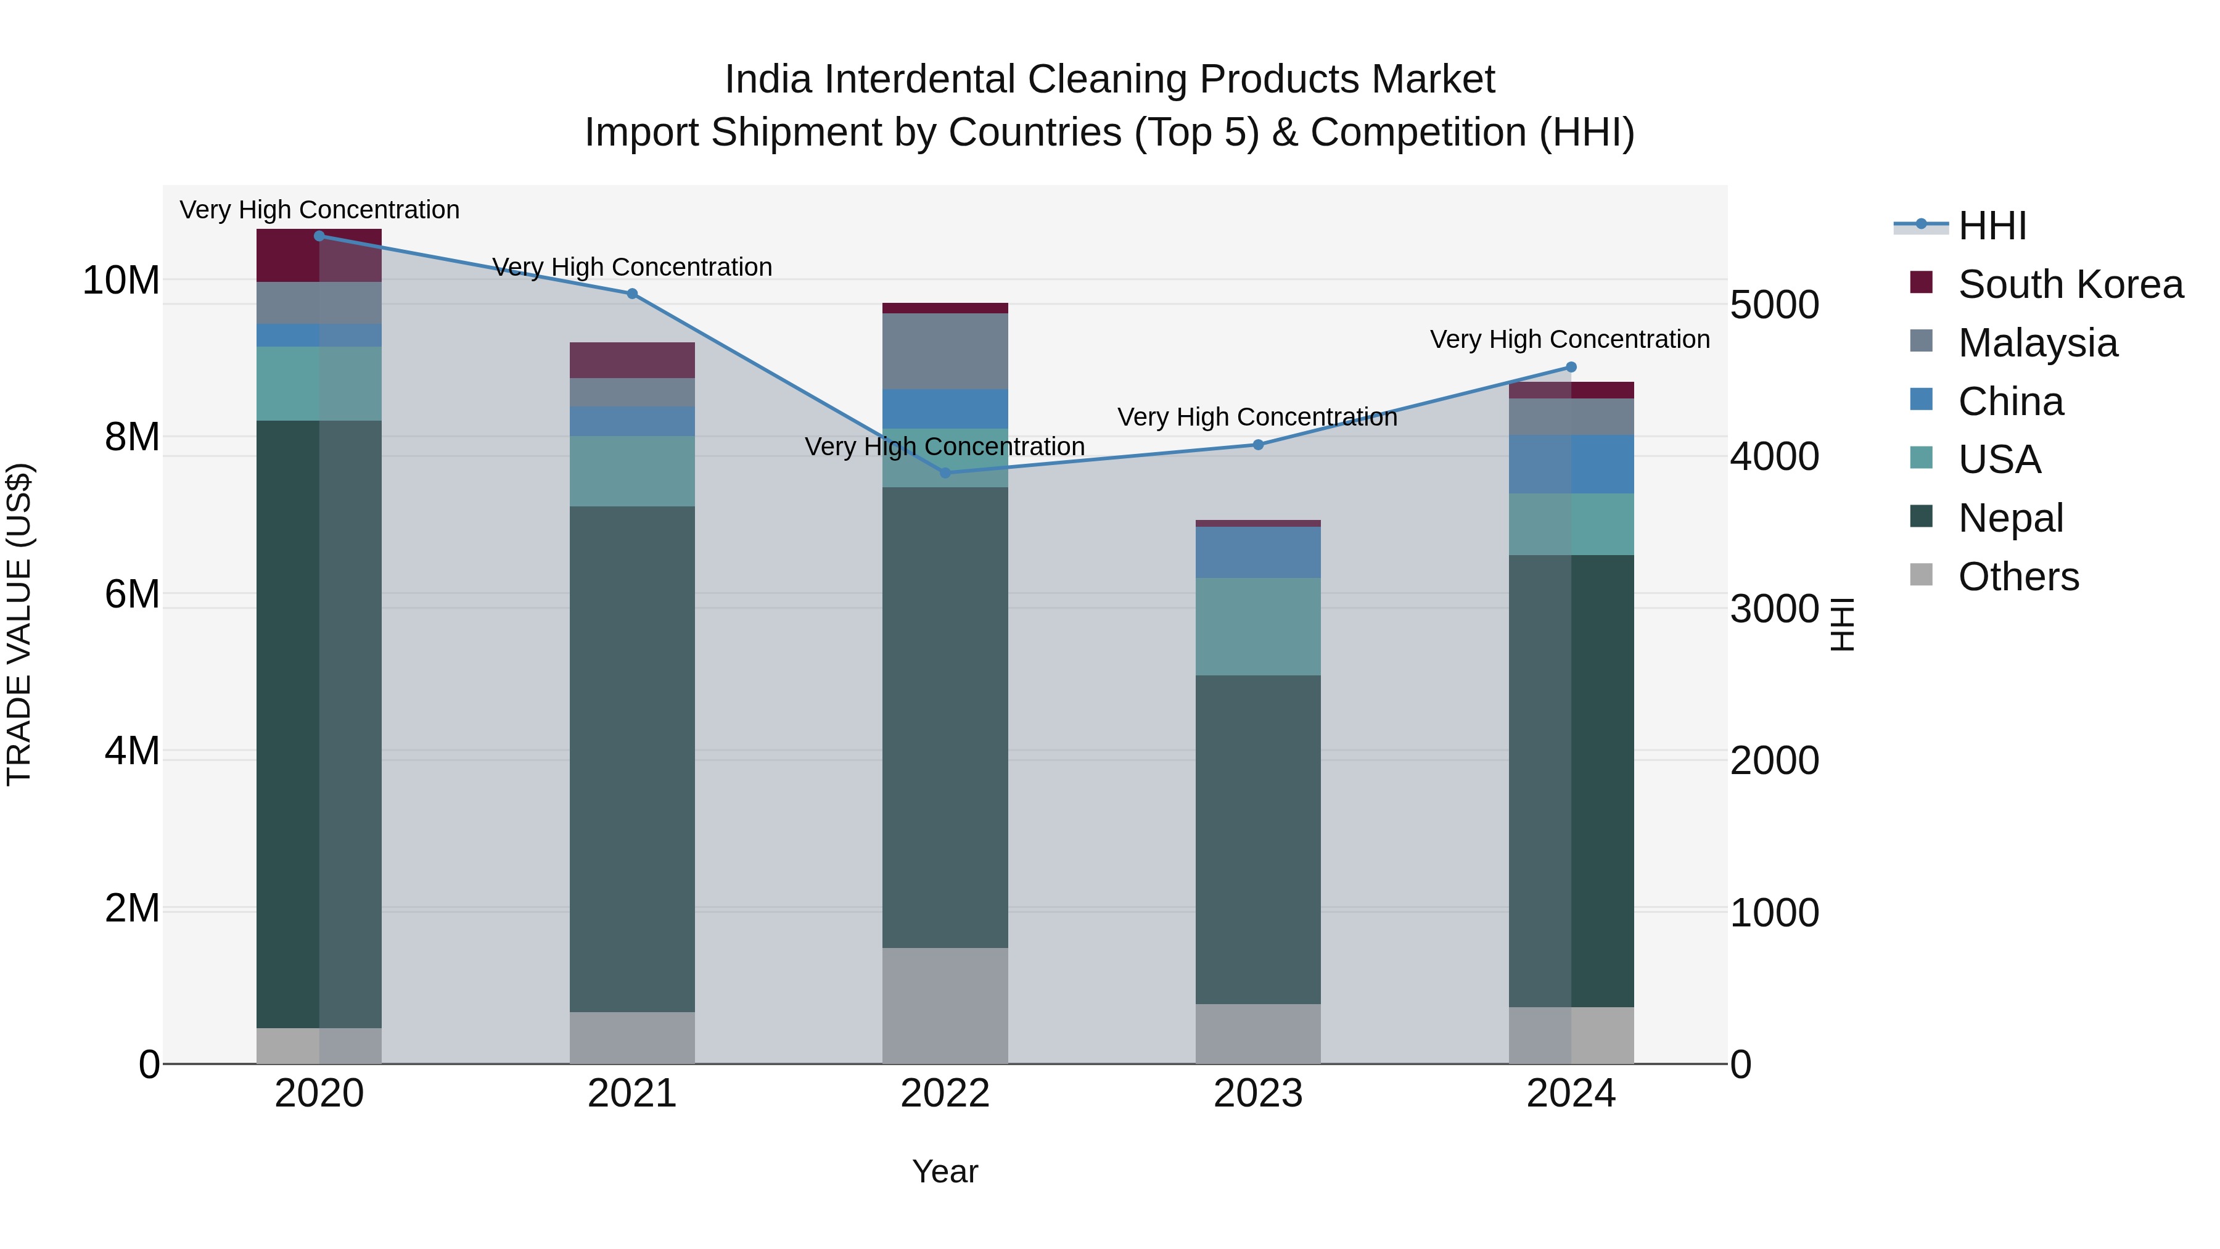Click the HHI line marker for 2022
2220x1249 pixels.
945,472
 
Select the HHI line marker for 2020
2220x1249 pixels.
319,236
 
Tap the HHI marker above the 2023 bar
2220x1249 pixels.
1257,445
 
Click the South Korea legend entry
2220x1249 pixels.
2070,284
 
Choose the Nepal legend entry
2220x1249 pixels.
2010,518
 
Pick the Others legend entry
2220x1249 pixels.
2018,577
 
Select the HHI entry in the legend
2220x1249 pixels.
1992,226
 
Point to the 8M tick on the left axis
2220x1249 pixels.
132,437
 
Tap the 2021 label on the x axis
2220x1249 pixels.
631,1094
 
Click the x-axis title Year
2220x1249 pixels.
945,1171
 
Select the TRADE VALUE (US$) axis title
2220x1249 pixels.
19,624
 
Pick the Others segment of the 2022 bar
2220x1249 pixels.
945,1005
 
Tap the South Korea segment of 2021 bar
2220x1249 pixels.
631,360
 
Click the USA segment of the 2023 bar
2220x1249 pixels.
1257,626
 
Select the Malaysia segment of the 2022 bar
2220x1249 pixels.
945,351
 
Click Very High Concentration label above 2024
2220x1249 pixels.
1569,340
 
